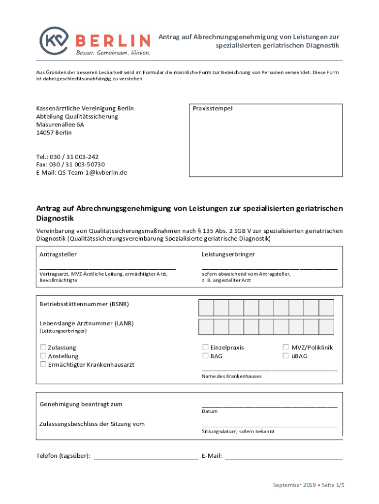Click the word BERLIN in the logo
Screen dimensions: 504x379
click(x=113, y=40)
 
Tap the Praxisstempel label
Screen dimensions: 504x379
click(x=213, y=108)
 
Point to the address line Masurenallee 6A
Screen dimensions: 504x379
click(x=60, y=125)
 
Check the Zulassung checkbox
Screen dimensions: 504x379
click(x=43, y=347)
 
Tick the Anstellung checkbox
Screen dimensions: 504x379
click(x=43, y=356)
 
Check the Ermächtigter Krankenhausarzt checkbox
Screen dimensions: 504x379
click(x=43, y=364)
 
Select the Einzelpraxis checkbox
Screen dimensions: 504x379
click(x=206, y=347)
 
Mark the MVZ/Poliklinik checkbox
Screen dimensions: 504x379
click(x=285, y=347)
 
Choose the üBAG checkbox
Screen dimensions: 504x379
click(x=285, y=356)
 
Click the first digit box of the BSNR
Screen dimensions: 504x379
click(x=206, y=307)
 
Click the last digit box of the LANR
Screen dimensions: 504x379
click(x=326, y=326)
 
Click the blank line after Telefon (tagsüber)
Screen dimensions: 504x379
click(x=146, y=458)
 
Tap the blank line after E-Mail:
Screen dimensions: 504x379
click(x=284, y=458)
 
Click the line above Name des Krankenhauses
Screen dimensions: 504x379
click(x=270, y=369)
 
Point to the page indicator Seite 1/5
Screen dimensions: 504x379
click(x=333, y=485)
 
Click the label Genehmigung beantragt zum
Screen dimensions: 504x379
click(x=81, y=404)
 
